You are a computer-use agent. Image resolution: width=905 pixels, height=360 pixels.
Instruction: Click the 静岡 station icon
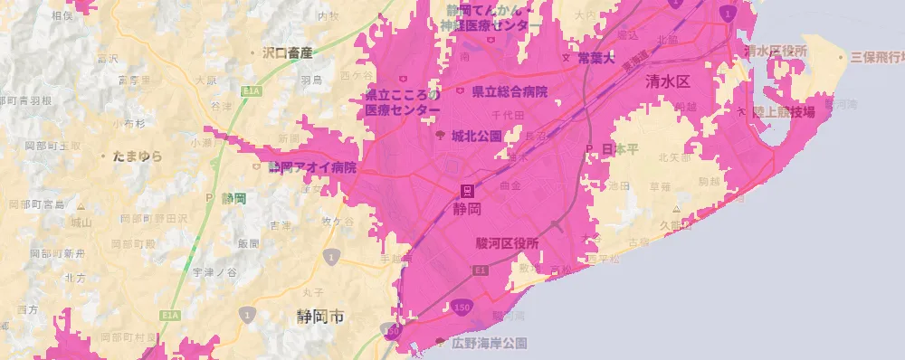click(x=468, y=190)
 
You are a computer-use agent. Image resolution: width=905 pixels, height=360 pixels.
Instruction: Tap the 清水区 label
click(x=668, y=81)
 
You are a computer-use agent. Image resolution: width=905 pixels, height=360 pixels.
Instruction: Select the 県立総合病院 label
click(x=509, y=92)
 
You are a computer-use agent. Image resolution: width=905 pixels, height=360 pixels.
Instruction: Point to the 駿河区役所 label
click(x=507, y=243)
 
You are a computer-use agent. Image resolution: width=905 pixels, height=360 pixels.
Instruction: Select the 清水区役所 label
click(x=774, y=51)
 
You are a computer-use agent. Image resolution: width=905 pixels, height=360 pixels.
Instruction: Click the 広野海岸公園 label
click(x=489, y=344)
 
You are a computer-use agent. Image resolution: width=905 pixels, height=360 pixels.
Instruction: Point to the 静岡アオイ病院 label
click(x=312, y=168)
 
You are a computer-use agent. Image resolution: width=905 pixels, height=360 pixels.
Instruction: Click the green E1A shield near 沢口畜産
click(x=249, y=91)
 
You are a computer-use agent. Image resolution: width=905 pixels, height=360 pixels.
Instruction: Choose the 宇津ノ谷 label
click(x=214, y=272)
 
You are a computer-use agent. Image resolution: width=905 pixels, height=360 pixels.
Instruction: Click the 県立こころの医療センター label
click(x=402, y=102)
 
